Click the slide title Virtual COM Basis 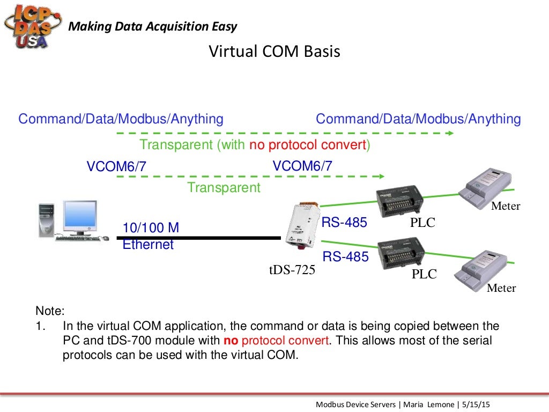(274, 51)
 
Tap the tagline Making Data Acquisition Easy (154, 26)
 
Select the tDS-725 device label (292, 269)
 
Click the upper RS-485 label (344, 222)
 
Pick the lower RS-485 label (345, 256)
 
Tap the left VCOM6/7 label (116, 167)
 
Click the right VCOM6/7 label (302, 166)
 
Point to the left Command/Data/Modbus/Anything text (121, 119)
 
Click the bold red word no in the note (231, 341)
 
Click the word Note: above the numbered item (50, 311)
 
